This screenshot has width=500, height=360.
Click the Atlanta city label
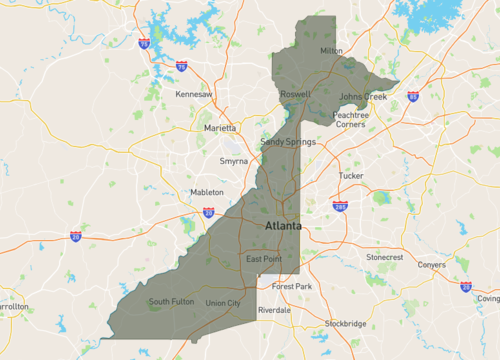click(x=283, y=227)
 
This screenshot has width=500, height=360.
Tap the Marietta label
click(x=221, y=128)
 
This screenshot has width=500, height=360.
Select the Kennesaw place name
click(x=194, y=94)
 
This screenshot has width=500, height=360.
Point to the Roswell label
click(x=296, y=93)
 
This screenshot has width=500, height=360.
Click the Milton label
click(x=330, y=50)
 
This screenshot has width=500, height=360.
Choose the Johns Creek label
click(x=362, y=96)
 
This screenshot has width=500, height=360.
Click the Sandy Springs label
click(x=288, y=142)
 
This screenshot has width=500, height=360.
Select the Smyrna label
click(x=234, y=160)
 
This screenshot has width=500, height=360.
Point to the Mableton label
click(x=207, y=191)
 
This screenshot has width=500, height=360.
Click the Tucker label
click(x=351, y=175)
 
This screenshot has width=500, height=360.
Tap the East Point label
click(x=264, y=260)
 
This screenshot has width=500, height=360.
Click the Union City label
click(x=222, y=303)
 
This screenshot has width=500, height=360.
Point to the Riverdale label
click(x=274, y=310)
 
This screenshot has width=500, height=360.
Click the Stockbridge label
click(x=345, y=324)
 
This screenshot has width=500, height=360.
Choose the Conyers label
click(x=432, y=265)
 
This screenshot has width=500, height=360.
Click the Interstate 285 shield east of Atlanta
click(x=341, y=205)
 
